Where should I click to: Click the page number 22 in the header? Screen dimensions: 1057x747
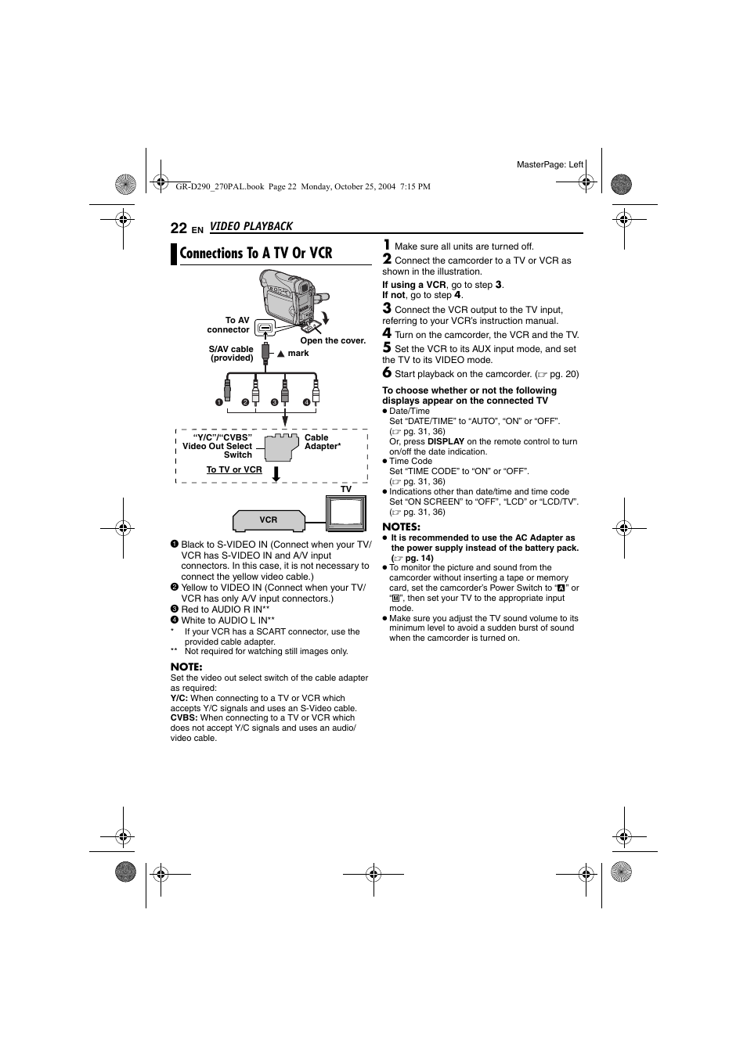click(x=179, y=228)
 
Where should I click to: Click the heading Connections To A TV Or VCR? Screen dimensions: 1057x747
click(x=255, y=253)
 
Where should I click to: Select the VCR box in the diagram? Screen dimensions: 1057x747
click(x=268, y=520)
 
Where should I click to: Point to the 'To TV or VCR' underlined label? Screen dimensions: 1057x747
click(x=234, y=470)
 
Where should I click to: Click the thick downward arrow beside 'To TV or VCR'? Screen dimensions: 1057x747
click(x=276, y=473)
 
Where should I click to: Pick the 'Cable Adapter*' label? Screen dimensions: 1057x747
click(x=322, y=442)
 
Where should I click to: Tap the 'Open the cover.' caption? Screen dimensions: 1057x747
click(x=333, y=341)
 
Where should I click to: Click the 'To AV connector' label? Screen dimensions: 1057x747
click(x=229, y=325)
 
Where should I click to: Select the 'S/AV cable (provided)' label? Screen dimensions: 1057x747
click(x=231, y=354)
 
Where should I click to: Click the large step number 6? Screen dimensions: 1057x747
click(x=387, y=373)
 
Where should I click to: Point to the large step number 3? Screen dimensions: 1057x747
click(x=387, y=309)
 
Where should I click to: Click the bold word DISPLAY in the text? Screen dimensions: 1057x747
click(x=446, y=441)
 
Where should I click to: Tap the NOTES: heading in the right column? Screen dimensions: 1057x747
click(x=401, y=527)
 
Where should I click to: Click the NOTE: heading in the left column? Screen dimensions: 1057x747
click(x=186, y=667)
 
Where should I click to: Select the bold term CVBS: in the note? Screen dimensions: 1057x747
click(x=184, y=717)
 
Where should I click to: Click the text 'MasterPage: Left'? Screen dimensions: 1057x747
click(x=550, y=164)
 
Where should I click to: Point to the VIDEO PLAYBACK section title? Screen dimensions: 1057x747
click(x=251, y=226)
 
